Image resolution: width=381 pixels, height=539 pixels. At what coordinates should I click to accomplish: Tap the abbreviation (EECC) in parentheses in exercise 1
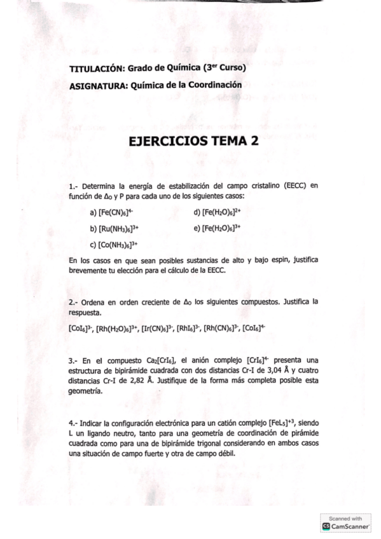[295, 186]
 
